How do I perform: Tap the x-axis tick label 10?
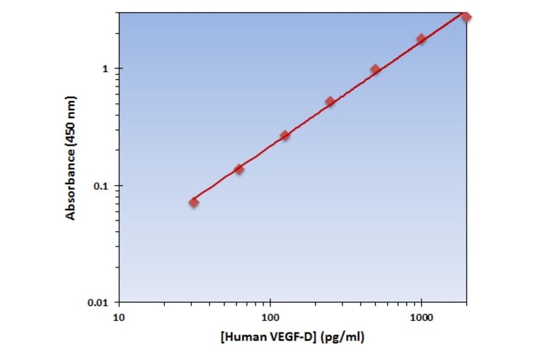(x=119, y=316)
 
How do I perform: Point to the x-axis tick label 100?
(x=270, y=316)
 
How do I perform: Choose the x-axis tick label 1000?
(x=421, y=316)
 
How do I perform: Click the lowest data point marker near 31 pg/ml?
(x=194, y=202)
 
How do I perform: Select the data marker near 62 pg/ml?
(x=239, y=169)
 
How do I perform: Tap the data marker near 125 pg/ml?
(x=285, y=135)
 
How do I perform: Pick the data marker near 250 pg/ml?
(x=330, y=101)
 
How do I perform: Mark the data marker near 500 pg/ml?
(x=375, y=69)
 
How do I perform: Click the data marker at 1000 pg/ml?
(x=421, y=39)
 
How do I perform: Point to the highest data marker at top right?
(x=466, y=16)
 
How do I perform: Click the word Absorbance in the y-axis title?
(x=71, y=188)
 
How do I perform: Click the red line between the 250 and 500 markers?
(x=353, y=86)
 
